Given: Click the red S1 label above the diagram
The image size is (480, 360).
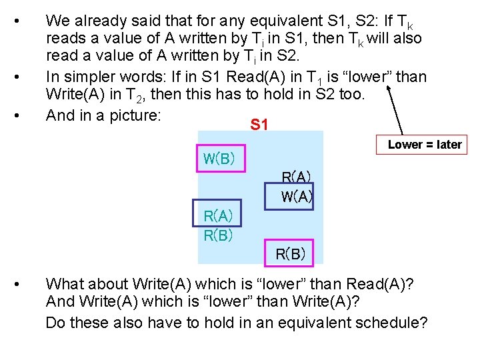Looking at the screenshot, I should click(x=259, y=124).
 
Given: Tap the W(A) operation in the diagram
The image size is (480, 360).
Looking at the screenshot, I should click(x=297, y=197).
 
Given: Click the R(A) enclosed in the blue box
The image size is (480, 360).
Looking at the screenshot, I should click(x=217, y=215).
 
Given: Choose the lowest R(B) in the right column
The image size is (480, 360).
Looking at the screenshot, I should click(x=291, y=253).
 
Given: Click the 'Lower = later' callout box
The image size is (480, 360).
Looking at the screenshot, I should click(x=425, y=145).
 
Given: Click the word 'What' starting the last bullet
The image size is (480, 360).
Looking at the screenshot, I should click(x=65, y=284).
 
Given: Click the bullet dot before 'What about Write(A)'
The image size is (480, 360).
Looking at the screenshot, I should click(x=24, y=284).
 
